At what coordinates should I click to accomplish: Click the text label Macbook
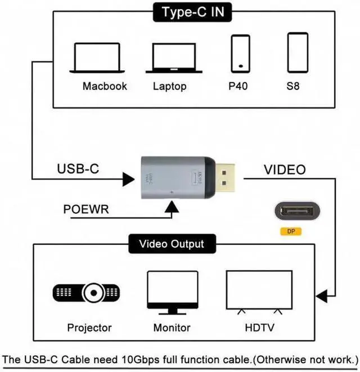pos(105,86)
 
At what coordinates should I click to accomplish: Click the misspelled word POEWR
pos(86,210)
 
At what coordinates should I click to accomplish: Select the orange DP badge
pos(291,231)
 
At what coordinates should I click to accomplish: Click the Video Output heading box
pos(172,244)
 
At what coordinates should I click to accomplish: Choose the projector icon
pos(86,292)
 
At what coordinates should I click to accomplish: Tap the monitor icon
pos(172,292)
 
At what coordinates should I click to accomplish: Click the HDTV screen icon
pos(258,291)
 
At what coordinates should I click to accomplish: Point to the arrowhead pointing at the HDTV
pos(322,296)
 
